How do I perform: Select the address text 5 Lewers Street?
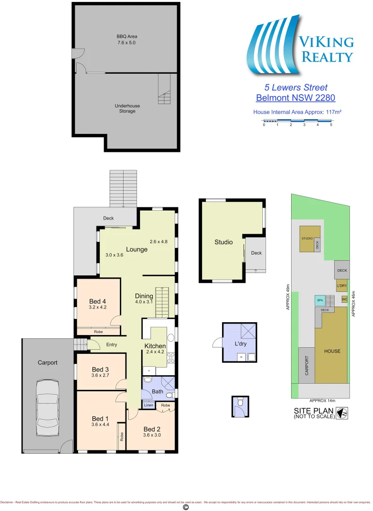(295, 88)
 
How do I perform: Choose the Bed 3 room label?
(101, 370)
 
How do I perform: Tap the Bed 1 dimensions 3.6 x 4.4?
(100, 425)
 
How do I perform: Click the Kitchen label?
(155, 346)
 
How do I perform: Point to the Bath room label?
(157, 391)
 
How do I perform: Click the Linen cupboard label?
(148, 405)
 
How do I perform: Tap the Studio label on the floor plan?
(223, 242)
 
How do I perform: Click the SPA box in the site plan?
(320, 300)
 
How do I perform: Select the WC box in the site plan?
(344, 299)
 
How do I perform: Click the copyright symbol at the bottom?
(186, 507)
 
